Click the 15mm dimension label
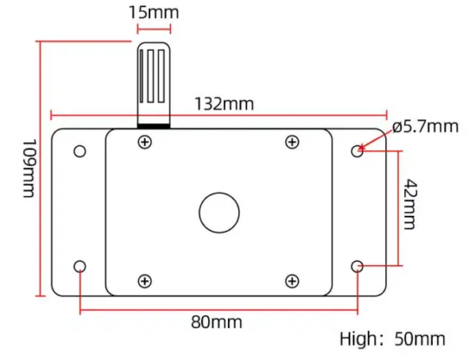click(155, 13)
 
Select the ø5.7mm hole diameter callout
click(424, 126)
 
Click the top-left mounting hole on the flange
click(79, 151)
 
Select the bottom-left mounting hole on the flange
click(79, 266)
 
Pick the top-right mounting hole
click(358, 151)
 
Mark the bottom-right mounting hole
click(358, 266)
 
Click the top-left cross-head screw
click(143, 142)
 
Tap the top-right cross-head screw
click(292, 142)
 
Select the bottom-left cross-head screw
click(143, 280)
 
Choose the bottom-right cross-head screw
click(292, 280)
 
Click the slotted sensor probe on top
click(155, 82)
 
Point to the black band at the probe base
click(155, 125)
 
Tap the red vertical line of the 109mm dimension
click(40, 173)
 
